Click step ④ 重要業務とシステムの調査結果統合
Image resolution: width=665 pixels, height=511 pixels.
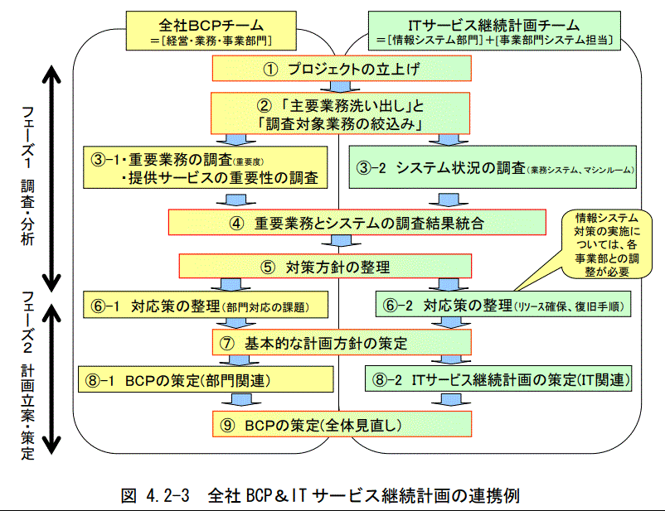pyautogui.click(x=357, y=222)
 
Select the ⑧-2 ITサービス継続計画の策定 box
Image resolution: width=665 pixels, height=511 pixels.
pyautogui.click(x=501, y=380)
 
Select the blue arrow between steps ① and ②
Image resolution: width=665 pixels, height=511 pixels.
pyautogui.click(x=336, y=87)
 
